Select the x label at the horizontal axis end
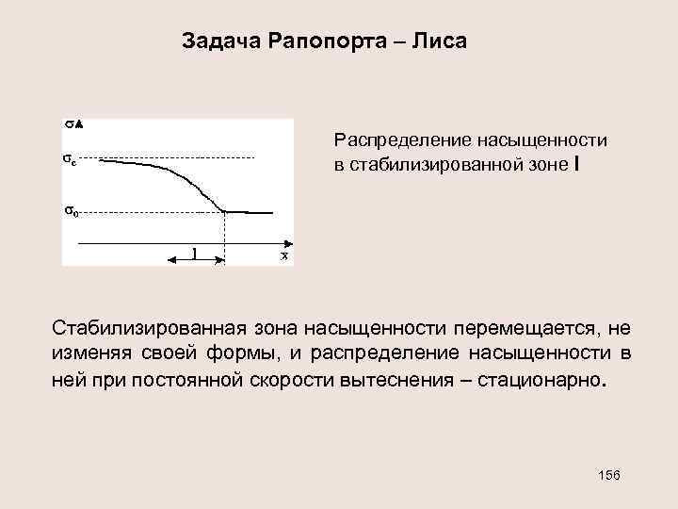pos(284,255)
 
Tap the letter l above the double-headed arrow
pos(195,253)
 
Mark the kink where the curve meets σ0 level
pos(225,211)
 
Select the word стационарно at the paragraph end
pos(556,383)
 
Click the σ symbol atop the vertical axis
pos(69,123)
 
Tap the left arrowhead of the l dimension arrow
pos(171,259)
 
